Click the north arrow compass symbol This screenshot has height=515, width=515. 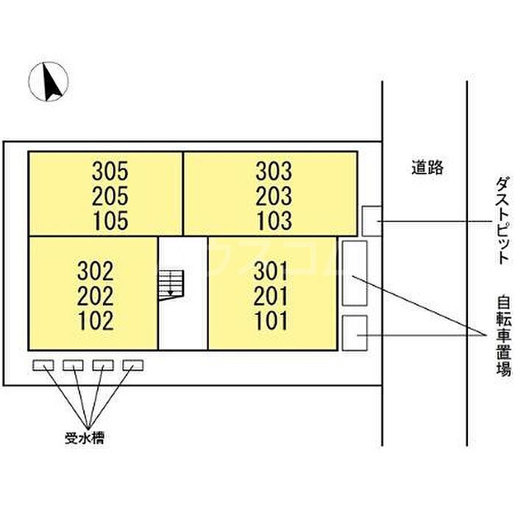click(49, 81)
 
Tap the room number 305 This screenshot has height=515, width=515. click(110, 171)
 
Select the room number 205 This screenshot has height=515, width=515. click(110, 196)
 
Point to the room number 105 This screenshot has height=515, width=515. click(110, 221)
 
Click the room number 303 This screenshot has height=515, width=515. click(274, 171)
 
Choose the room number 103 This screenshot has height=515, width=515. click(274, 221)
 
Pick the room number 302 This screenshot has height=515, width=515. click(96, 271)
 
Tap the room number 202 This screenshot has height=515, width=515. click(96, 296)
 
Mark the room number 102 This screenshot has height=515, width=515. click(96, 321)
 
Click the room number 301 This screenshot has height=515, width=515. click(271, 271)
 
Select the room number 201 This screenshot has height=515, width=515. click(271, 296)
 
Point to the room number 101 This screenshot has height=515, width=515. click(271, 321)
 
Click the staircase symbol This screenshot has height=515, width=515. click(171, 285)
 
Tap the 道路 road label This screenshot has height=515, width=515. click(427, 167)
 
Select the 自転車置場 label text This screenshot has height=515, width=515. click(504, 336)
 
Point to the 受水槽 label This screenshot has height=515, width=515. click(85, 438)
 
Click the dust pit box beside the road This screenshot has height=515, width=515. click(372, 221)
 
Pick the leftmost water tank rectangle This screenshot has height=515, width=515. click(43, 365)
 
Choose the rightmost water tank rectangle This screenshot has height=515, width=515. click(133, 365)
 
